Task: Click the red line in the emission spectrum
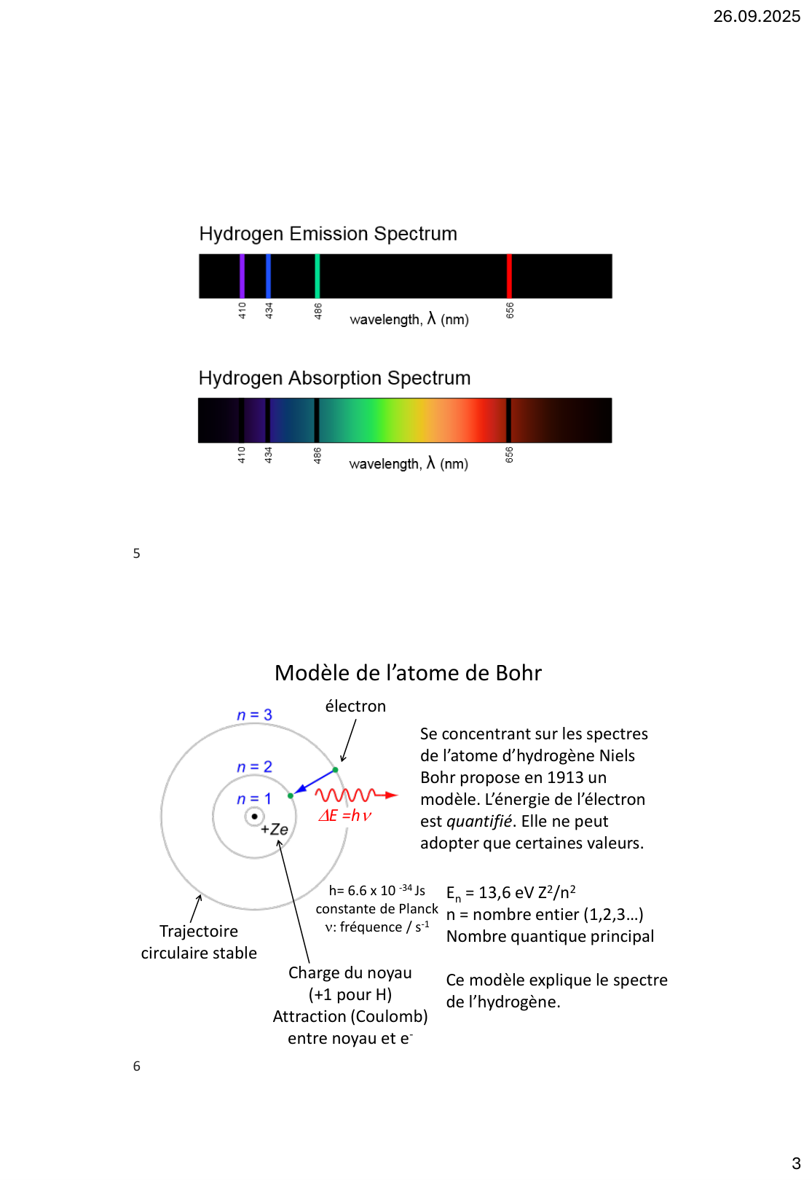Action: point(509,275)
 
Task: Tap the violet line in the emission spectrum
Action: point(242,275)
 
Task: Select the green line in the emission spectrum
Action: point(317,275)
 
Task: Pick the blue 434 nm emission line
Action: point(268,275)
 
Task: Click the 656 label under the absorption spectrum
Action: point(509,455)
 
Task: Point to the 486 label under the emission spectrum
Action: point(318,311)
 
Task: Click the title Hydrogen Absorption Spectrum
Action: point(334,378)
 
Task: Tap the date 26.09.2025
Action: point(756,16)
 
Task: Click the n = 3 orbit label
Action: point(254,715)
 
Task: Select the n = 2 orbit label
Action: point(254,767)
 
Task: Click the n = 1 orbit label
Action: point(253,799)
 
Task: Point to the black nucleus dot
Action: point(254,817)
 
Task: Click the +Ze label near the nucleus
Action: point(275,830)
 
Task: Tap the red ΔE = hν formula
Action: point(344,816)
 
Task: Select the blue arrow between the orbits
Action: point(313,782)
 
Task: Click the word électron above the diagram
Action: point(355,707)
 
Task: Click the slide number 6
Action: point(136,1066)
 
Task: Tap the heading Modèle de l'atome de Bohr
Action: point(408,673)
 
